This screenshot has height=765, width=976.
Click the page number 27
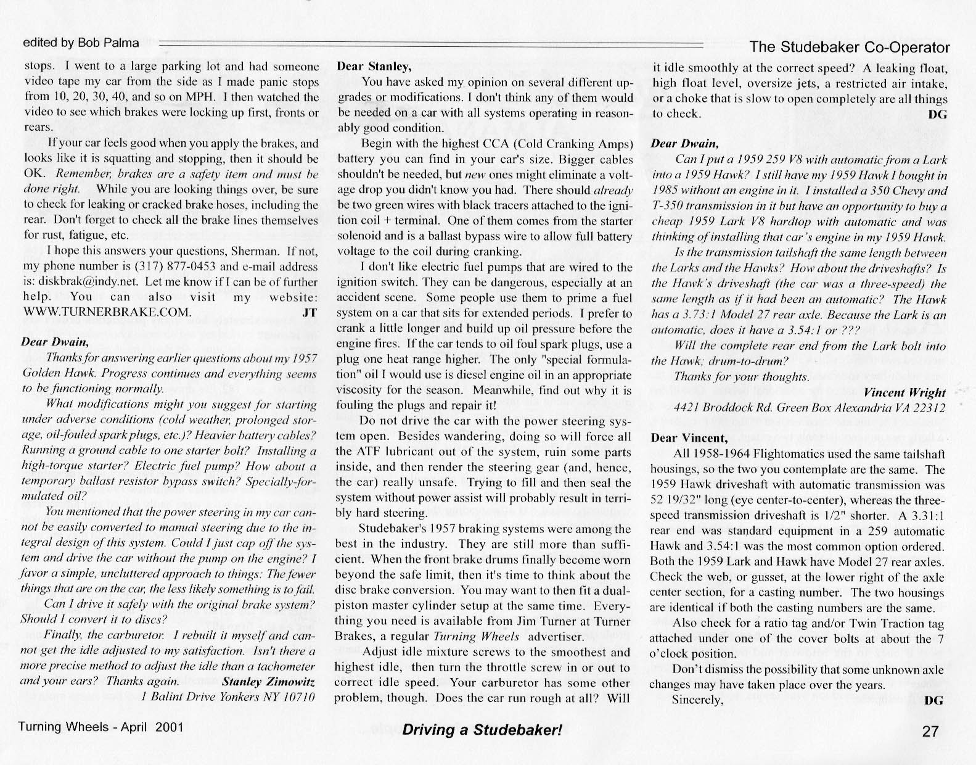pos(930,732)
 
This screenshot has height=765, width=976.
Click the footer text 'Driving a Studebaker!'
pos(482,730)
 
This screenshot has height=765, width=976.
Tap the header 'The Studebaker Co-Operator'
pos(849,48)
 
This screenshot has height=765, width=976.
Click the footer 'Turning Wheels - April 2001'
pos(101,727)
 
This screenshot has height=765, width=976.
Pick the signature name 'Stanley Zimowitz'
pos(268,682)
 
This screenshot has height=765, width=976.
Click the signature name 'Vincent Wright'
pos(904,392)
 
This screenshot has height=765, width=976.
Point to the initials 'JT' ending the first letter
pos(310,312)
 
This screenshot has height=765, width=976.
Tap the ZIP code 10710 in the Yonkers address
pos(301,697)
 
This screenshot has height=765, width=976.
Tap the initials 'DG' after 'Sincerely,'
pos(935,700)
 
